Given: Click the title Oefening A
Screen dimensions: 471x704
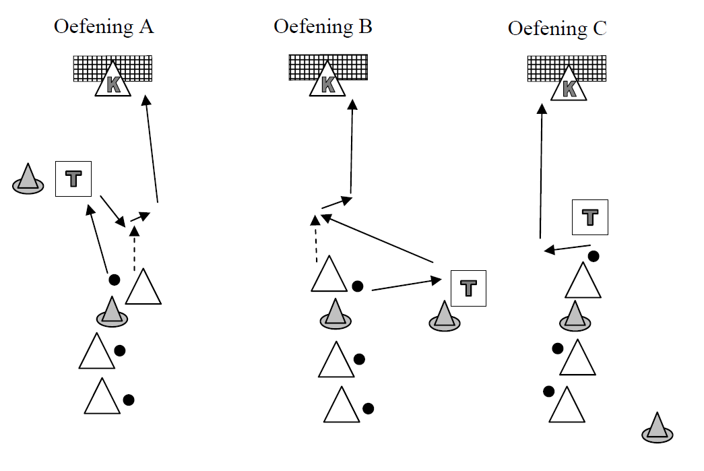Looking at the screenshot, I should (x=104, y=27).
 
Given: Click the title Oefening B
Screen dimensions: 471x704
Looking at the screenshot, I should (x=323, y=26).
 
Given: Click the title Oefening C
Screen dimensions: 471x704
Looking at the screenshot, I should (x=557, y=29).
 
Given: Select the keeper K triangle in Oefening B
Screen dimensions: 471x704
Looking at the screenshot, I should (x=328, y=82).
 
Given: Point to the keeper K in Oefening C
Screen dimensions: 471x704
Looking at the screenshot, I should (x=569, y=86).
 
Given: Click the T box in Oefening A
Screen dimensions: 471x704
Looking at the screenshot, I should (x=73, y=179).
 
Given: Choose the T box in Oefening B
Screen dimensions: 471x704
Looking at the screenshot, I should (x=468, y=287).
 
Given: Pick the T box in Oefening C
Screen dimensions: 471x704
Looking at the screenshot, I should (x=590, y=217).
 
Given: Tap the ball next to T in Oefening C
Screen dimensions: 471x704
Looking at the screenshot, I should (x=593, y=256).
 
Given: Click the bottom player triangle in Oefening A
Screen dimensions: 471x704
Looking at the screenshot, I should (x=102, y=397).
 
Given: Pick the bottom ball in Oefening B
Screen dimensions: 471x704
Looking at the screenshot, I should (x=368, y=408).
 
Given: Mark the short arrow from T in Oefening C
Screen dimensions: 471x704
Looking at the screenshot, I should (x=567, y=248).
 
